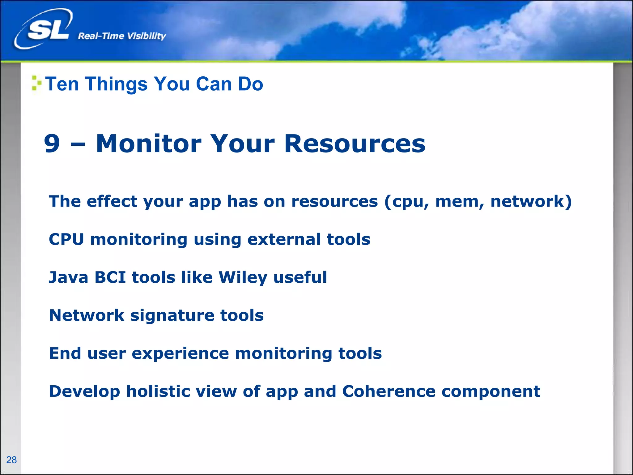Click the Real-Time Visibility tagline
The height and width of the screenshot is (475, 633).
(122, 36)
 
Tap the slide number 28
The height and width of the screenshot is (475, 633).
(11, 460)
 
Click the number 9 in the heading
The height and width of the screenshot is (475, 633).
(52, 143)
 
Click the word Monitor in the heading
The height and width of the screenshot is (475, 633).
(149, 143)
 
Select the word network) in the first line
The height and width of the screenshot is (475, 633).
(531, 201)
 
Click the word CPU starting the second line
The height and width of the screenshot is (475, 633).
(66, 239)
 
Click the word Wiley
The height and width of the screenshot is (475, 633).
(243, 277)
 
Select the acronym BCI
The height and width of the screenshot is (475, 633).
(110, 277)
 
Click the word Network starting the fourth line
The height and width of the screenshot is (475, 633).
(87, 315)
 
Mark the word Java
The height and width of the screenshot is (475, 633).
(69, 277)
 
